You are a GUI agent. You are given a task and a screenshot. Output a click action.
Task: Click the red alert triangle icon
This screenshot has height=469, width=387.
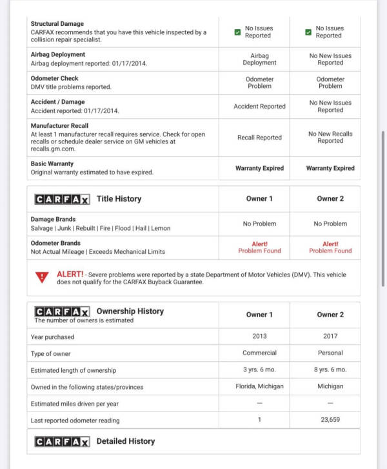coord(43,277)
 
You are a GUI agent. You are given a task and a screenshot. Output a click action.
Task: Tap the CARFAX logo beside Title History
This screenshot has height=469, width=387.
coord(62,199)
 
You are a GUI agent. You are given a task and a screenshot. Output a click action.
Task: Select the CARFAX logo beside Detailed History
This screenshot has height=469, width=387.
coord(62,442)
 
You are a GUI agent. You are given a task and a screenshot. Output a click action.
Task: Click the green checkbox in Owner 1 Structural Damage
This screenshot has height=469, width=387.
coord(237,32)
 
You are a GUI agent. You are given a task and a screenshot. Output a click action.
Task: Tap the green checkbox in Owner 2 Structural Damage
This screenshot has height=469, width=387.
coord(308,32)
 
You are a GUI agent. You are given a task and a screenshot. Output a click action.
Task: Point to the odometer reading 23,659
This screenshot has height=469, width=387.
coord(330,420)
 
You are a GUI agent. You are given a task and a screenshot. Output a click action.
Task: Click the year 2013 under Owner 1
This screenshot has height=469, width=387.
coord(259,336)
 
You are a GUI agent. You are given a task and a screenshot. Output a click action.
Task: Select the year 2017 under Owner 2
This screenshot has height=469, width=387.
coord(330,336)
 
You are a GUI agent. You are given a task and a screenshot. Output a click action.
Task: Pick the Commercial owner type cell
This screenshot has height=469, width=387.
coord(259,353)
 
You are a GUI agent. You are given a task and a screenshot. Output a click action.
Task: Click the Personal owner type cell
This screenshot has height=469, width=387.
coord(330,353)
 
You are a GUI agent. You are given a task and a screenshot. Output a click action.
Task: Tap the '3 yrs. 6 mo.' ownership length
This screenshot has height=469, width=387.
coord(259,370)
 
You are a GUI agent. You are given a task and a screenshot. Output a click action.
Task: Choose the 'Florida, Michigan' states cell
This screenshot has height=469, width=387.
coord(259,386)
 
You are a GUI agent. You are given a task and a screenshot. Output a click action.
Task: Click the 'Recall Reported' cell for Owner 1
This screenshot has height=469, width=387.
coord(259,138)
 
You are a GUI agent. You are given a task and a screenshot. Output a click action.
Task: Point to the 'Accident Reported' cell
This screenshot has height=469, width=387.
coord(259,107)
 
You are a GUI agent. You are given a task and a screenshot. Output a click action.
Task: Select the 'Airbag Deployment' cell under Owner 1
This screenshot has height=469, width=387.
coord(259,59)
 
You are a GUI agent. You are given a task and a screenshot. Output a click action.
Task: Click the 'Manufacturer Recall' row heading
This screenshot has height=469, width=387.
coord(59,126)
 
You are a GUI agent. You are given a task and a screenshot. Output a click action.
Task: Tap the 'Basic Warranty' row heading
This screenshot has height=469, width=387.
coord(52,164)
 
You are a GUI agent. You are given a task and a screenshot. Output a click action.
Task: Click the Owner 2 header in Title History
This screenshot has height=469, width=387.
coord(330,199)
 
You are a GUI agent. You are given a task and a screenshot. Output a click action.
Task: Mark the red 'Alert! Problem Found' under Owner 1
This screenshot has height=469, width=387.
coord(259,247)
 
